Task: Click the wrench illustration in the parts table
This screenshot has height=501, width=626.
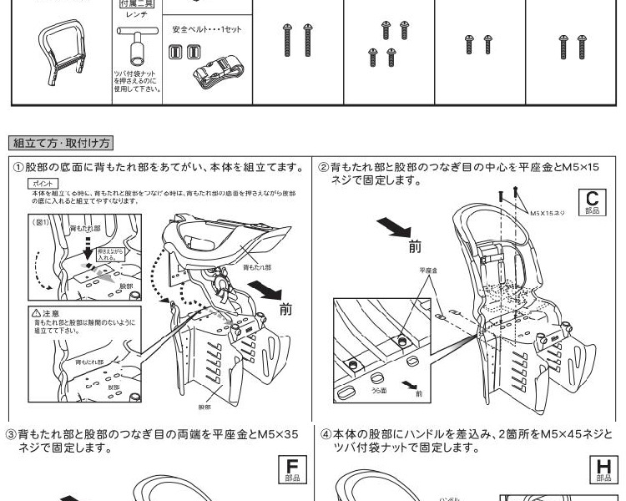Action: [x=134, y=46]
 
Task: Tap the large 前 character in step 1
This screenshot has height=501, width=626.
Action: [x=286, y=310]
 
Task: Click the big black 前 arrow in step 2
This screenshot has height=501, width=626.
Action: [x=391, y=227]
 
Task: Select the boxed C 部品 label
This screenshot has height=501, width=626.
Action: [x=592, y=202]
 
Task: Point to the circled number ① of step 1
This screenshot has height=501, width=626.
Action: [x=18, y=167]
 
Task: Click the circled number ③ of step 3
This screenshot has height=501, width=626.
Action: [x=12, y=434]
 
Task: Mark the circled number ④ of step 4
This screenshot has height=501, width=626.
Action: [x=325, y=434]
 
